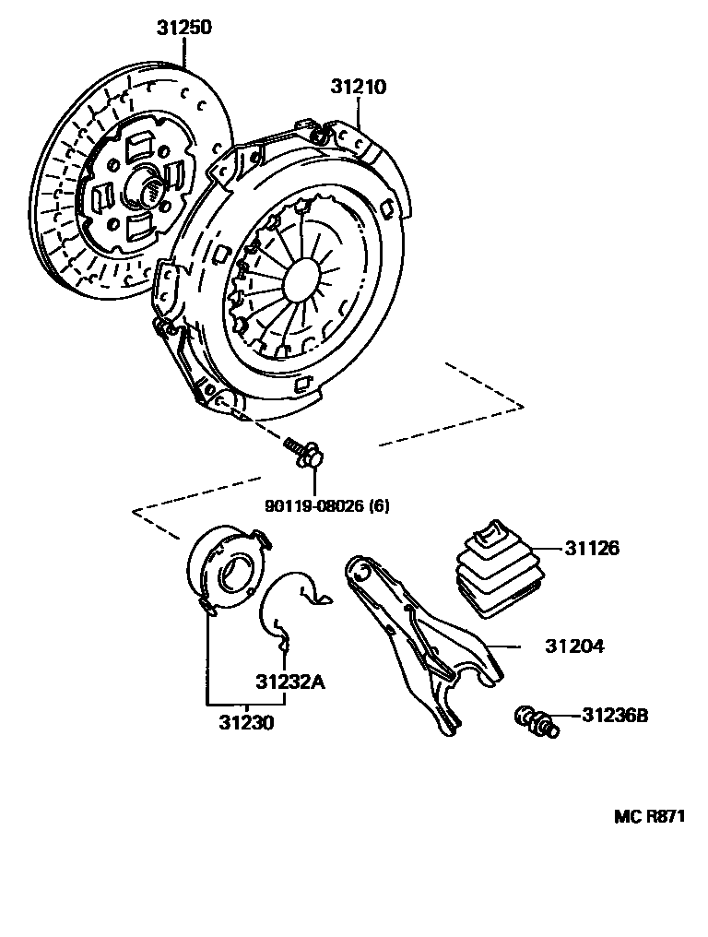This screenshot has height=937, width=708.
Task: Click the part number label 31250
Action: pos(183,29)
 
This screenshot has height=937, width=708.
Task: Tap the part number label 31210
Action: pos(359,88)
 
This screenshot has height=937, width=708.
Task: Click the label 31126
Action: pos(592,549)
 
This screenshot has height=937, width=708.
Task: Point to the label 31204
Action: pos(574,646)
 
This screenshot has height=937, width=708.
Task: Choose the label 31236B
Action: pos(615,715)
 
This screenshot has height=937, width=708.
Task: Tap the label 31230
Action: pos(246,722)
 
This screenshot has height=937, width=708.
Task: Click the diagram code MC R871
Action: pos(650,817)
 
